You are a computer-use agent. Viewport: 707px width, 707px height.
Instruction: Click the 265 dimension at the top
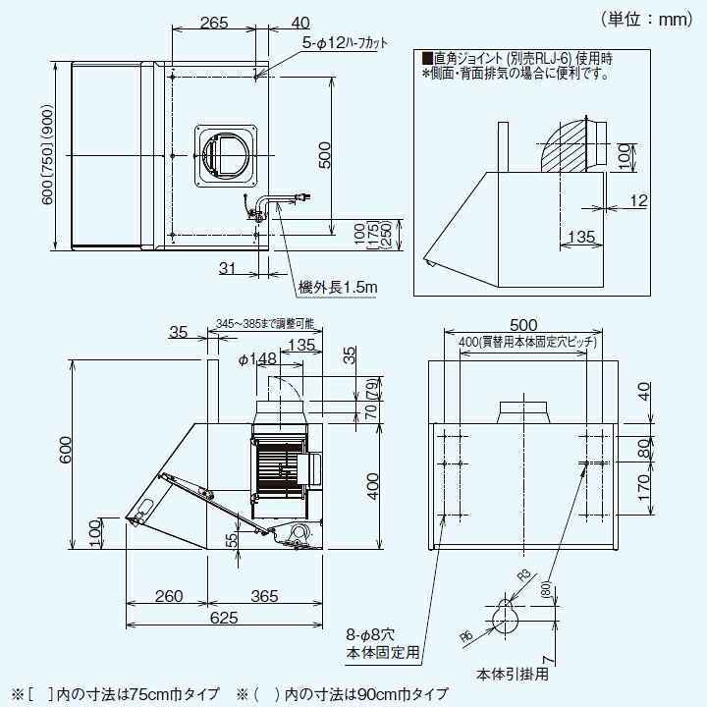[x=214, y=23]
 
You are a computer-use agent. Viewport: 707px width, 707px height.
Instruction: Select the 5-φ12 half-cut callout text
[x=345, y=43]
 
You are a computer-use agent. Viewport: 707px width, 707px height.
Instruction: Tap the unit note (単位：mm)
[x=646, y=19]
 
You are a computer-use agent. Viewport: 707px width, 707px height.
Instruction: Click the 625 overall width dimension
[x=224, y=618]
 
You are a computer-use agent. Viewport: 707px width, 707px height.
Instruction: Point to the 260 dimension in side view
[x=169, y=596]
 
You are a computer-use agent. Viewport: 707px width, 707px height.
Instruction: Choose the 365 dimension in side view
[x=264, y=596]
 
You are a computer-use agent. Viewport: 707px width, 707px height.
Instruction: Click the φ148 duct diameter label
[x=257, y=359]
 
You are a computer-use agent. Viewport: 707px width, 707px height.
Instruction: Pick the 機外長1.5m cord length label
[x=338, y=287]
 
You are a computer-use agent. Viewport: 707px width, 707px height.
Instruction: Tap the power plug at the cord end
[x=303, y=196]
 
